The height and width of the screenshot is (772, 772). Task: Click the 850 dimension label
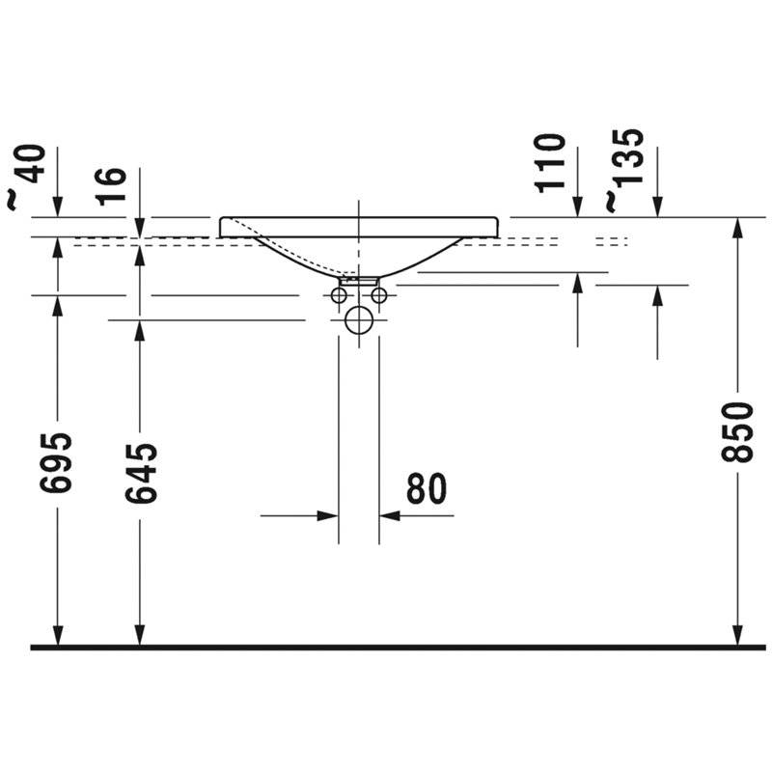click(x=737, y=432)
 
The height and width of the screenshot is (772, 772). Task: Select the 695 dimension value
click(x=56, y=463)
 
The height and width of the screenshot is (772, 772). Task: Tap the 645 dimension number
click(x=141, y=474)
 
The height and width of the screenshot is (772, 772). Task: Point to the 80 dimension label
click(x=427, y=489)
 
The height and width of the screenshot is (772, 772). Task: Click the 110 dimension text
click(x=549, y=163)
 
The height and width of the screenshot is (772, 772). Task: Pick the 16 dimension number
click(x=111, y=186)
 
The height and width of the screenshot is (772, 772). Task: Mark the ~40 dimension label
click(x=25, y=178)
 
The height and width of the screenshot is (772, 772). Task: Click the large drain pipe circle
click(x=359, y=320)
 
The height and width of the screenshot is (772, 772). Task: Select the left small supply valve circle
click(x=339, y=295)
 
